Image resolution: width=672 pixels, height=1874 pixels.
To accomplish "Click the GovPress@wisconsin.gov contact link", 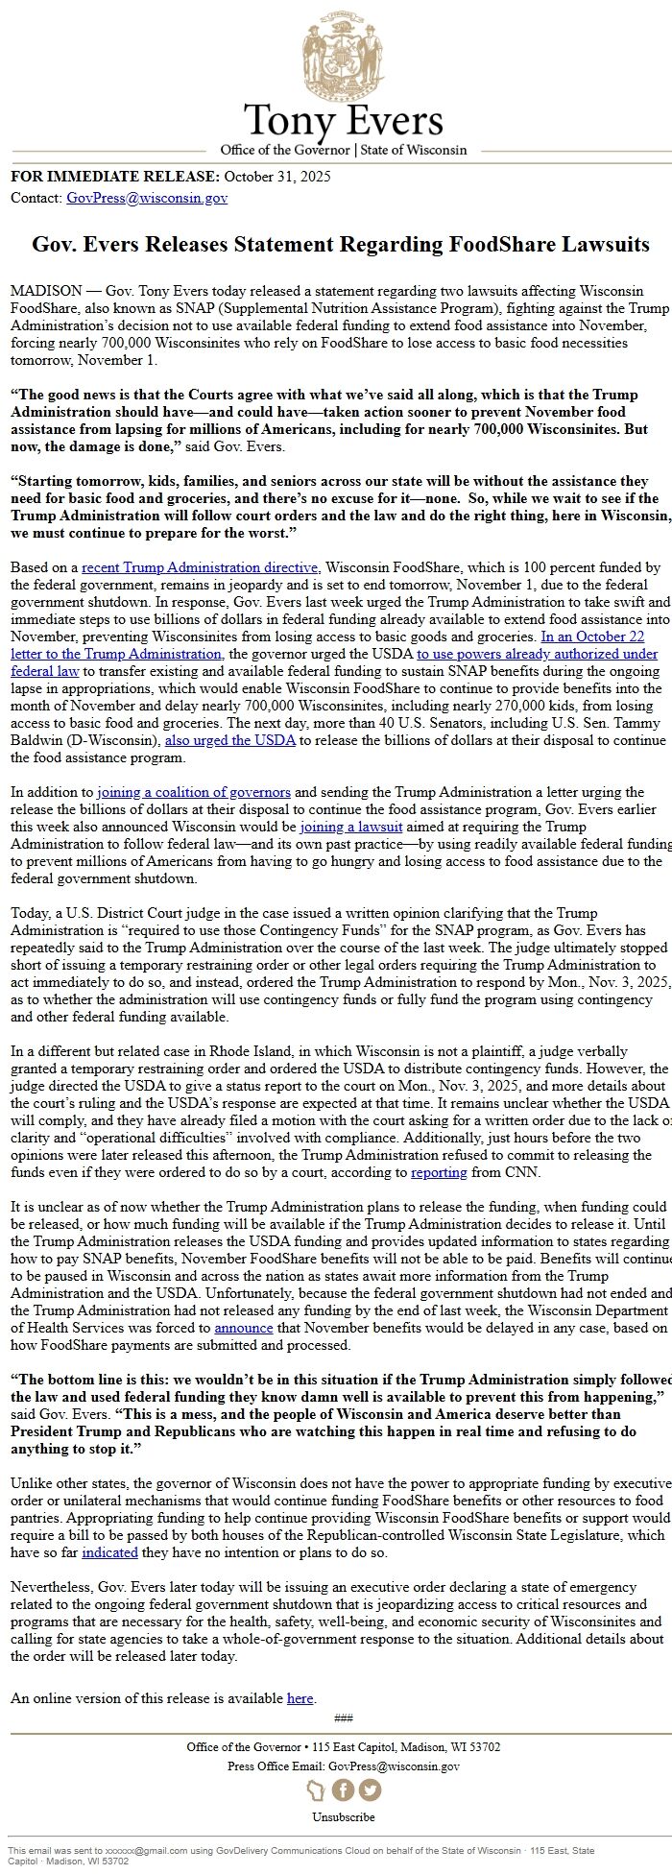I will (x=147, y=199).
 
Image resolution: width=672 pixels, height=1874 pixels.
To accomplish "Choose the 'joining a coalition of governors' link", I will (x=194, y=792).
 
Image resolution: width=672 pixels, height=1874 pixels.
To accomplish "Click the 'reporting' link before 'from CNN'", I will (x=439, y=1172).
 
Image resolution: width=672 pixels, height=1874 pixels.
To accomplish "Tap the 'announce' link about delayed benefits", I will (x=243, y=1328).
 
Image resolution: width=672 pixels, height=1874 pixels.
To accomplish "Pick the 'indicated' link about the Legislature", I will (x=109, y=1552).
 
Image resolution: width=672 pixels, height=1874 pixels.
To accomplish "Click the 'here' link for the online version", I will (x=300, y=1698).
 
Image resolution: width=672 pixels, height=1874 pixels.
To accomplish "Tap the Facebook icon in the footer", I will (x=343, y=1790).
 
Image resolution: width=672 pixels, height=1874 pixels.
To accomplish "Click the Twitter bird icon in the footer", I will (x=370, y=1790).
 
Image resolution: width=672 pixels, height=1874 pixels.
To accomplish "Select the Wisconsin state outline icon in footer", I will (x=316, y=1790).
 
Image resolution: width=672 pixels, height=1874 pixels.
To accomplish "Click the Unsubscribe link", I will (x=343, y=1816).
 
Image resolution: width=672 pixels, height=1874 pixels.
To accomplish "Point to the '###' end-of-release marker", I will (x=343, y=1718).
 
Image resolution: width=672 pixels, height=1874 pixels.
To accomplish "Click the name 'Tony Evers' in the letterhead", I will (x=343, y=121).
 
